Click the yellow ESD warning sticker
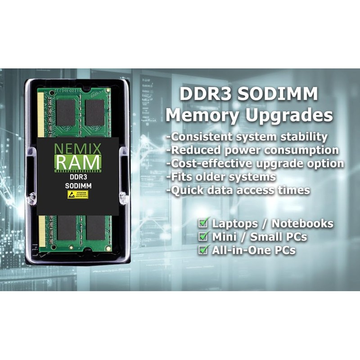point(77,194)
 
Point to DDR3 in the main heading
point(206,94)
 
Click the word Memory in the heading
point(202,115)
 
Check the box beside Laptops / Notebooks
point(204,223)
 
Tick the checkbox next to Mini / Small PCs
point(204,236)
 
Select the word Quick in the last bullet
point(186,190)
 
